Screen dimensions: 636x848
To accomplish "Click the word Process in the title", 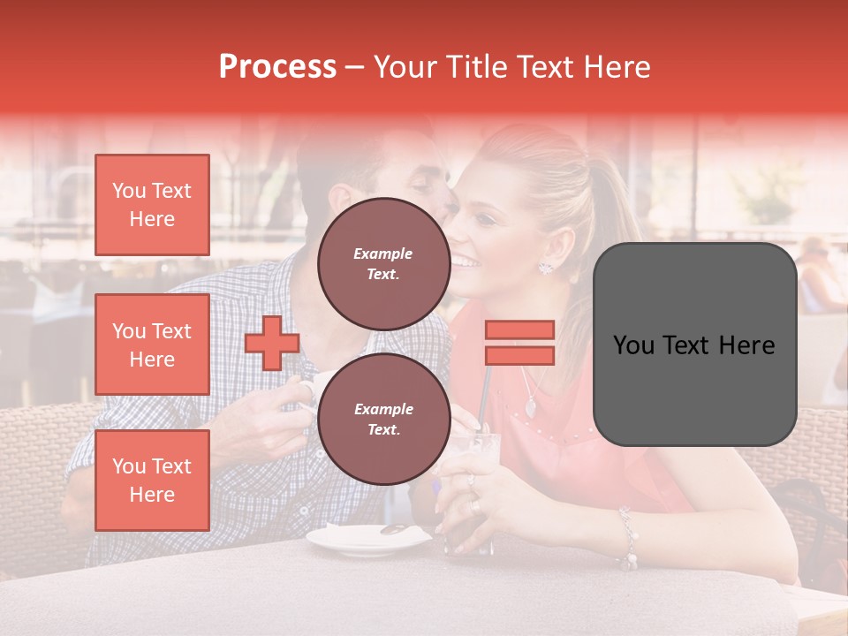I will pos(277,67).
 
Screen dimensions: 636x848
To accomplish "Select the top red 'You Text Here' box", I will pos(152,205).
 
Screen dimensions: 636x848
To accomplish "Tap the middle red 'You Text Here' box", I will pos(152,344).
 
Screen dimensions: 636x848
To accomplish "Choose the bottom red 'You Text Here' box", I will pos(152,481).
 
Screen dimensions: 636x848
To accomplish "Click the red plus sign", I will pos(272,343).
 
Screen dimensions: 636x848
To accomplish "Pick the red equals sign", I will pos(519,343).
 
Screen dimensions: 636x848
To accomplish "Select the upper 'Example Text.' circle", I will pos(383,263).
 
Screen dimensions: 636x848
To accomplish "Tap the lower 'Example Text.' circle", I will pos(383,419).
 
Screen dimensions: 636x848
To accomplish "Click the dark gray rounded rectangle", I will pos(694,344).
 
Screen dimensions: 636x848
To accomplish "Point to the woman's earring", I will pos(545,267).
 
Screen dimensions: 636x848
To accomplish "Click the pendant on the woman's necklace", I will pos(530,407).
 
